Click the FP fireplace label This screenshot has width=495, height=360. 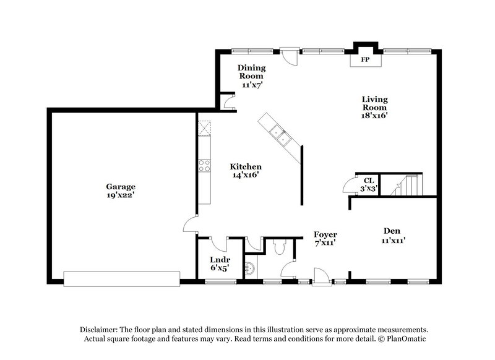[x=365, y=60]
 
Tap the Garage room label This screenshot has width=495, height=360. [x=120, y=186]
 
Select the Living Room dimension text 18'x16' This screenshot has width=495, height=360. [x=375, y=114]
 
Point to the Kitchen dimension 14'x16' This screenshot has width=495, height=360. [x=246, y=175]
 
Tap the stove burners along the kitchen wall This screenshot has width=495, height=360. [x=204, y=165]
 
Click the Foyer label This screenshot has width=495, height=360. [x=325, y=235]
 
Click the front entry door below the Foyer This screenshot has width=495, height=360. [x=321, y=277]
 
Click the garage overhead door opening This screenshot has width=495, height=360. [x=121, y=278]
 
